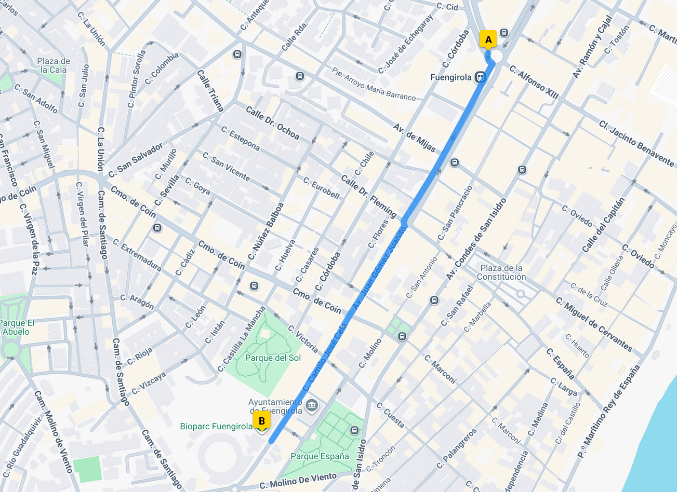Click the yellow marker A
[x=488, y=40]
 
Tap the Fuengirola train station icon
[x=480, y=77]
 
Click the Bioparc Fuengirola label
[x=216, y=427]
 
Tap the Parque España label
[x=320, y=456]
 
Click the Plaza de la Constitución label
[x=501, y=272]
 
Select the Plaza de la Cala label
[x=54, y=65]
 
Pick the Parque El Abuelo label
[x=16, y=327]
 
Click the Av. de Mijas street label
[x=414, y=138]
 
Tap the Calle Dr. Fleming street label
[x=369, y=196]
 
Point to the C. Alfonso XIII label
[x=534, y=82]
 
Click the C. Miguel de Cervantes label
[x=594, y=324]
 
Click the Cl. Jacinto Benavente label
[x=636, y=144]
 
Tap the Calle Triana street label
[x=210, y=91]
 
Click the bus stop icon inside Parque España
[x=355, y=430]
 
